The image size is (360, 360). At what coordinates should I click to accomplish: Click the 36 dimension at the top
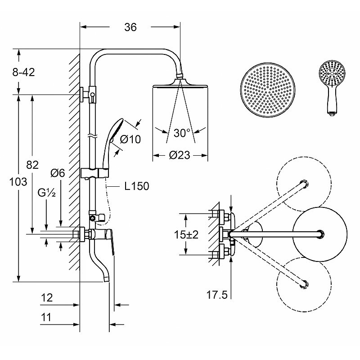tap(130, 27)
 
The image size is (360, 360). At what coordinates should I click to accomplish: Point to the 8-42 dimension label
tap(23, 72)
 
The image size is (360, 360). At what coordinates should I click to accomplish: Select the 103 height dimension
tap(18, 182)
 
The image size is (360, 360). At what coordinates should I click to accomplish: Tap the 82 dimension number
tap(32, 165)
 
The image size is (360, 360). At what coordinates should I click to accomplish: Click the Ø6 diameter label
tap(58, 173)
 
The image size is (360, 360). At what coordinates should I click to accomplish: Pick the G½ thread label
tap(47, 193)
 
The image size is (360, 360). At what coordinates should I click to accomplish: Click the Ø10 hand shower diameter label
tap(130, 139)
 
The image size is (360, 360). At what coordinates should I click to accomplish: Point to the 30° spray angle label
tap(182, 133)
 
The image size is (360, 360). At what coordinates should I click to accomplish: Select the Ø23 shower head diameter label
tap(180, 155)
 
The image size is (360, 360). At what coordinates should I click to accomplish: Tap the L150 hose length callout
tap(137, 186)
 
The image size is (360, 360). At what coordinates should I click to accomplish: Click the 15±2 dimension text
tap(186, 234)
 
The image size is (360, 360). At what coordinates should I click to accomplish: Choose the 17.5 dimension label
tap(217, 295)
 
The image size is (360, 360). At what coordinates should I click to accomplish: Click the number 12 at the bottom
tap(47, 298)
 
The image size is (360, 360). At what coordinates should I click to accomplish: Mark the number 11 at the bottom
tap(46, 318)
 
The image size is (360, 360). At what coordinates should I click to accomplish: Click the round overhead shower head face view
tap(268, 90)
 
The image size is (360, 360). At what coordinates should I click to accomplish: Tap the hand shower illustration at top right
tap(332, 88)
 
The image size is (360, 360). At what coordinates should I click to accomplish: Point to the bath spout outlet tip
tap(107, 279)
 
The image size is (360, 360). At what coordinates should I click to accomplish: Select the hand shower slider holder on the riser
tap(94, 173)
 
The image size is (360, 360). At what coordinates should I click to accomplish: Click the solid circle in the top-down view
tap(320, 234)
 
